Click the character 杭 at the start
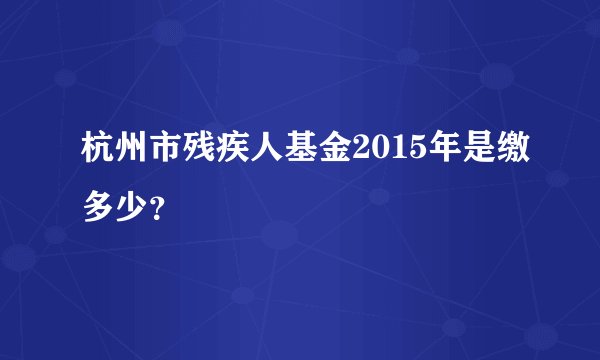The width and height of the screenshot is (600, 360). (x=87, y=153)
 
